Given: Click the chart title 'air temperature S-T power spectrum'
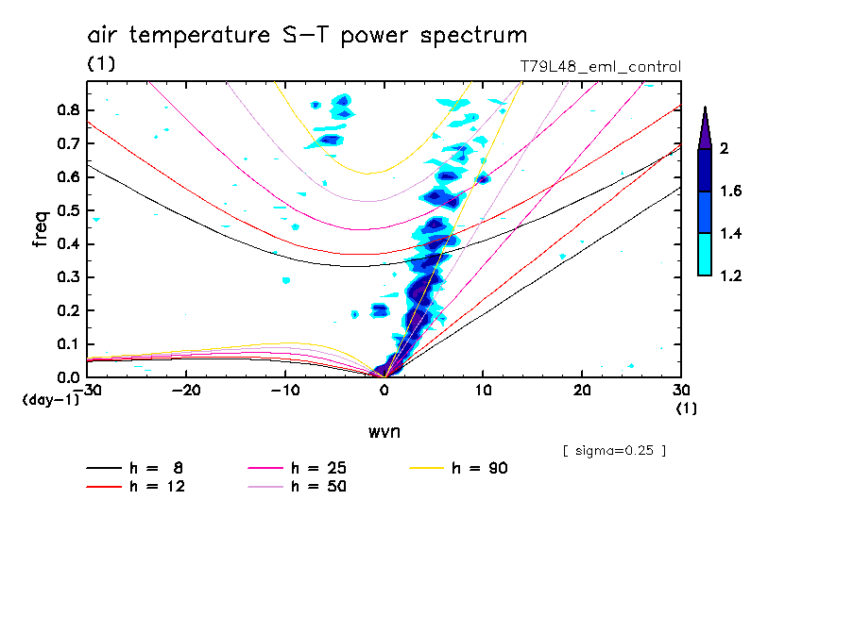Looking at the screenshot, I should tap(307, 36).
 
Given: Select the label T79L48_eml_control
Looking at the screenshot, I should tap(601, 67).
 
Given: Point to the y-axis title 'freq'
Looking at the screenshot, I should tap(40, 229).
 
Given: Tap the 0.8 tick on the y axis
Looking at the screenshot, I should tap(66, 109).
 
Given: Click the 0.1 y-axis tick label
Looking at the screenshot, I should tap(66, 344).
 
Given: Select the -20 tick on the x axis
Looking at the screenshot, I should tap(186, 390).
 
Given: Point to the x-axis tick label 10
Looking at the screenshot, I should tap(483, 390).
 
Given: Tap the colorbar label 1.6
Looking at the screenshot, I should tap(731, 192).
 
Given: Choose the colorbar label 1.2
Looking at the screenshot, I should tap(731, 276).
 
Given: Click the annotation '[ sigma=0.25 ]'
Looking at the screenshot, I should tap(614, 450).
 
